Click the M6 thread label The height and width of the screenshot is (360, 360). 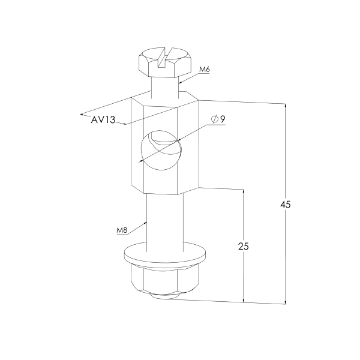tap(205, 69)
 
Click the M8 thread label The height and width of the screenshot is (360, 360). tap(122, 230)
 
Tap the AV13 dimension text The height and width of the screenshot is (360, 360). tap(103, 119)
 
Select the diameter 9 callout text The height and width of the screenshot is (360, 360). tap(218, 119)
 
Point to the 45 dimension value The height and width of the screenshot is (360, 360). tap(286, 205)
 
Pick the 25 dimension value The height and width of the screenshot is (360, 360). tap(244, 247)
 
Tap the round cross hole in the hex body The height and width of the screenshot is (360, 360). tap(161, 150)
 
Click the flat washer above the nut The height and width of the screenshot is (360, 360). tap(165, 255)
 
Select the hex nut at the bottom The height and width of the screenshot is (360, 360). tap(165, 281)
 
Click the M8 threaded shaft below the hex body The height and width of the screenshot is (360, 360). tap(165, 220)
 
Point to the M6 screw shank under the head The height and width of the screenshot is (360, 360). tap(165, 86)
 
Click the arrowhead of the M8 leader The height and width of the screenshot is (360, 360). tap(145, 223)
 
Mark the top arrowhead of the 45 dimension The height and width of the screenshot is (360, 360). tap(286, 106)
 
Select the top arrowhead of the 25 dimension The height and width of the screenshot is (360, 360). tap(244, 191)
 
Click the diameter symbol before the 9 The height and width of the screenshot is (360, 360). tap(214, 119)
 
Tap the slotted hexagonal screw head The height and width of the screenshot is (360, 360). tap(165, 62)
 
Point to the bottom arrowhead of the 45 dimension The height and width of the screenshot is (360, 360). tap(286, 302)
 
